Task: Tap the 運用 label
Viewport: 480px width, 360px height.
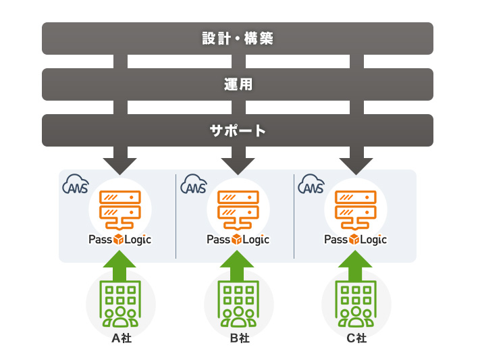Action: pos(238,84)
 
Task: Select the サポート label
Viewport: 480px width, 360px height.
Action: pos(238,130)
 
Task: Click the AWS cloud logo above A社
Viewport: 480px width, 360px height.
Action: pos(76,185)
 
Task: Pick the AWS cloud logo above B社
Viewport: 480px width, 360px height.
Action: pos(194,185)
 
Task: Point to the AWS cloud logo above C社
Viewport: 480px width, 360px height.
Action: pos(311,185)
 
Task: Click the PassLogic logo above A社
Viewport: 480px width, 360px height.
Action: pos(120,240)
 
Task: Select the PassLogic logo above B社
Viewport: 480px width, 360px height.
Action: pos(238,240)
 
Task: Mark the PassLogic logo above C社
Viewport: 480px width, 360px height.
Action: pos(356,240)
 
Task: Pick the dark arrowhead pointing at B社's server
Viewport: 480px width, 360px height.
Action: pos(238,165)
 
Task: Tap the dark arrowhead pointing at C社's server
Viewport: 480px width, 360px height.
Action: pos(356,165)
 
